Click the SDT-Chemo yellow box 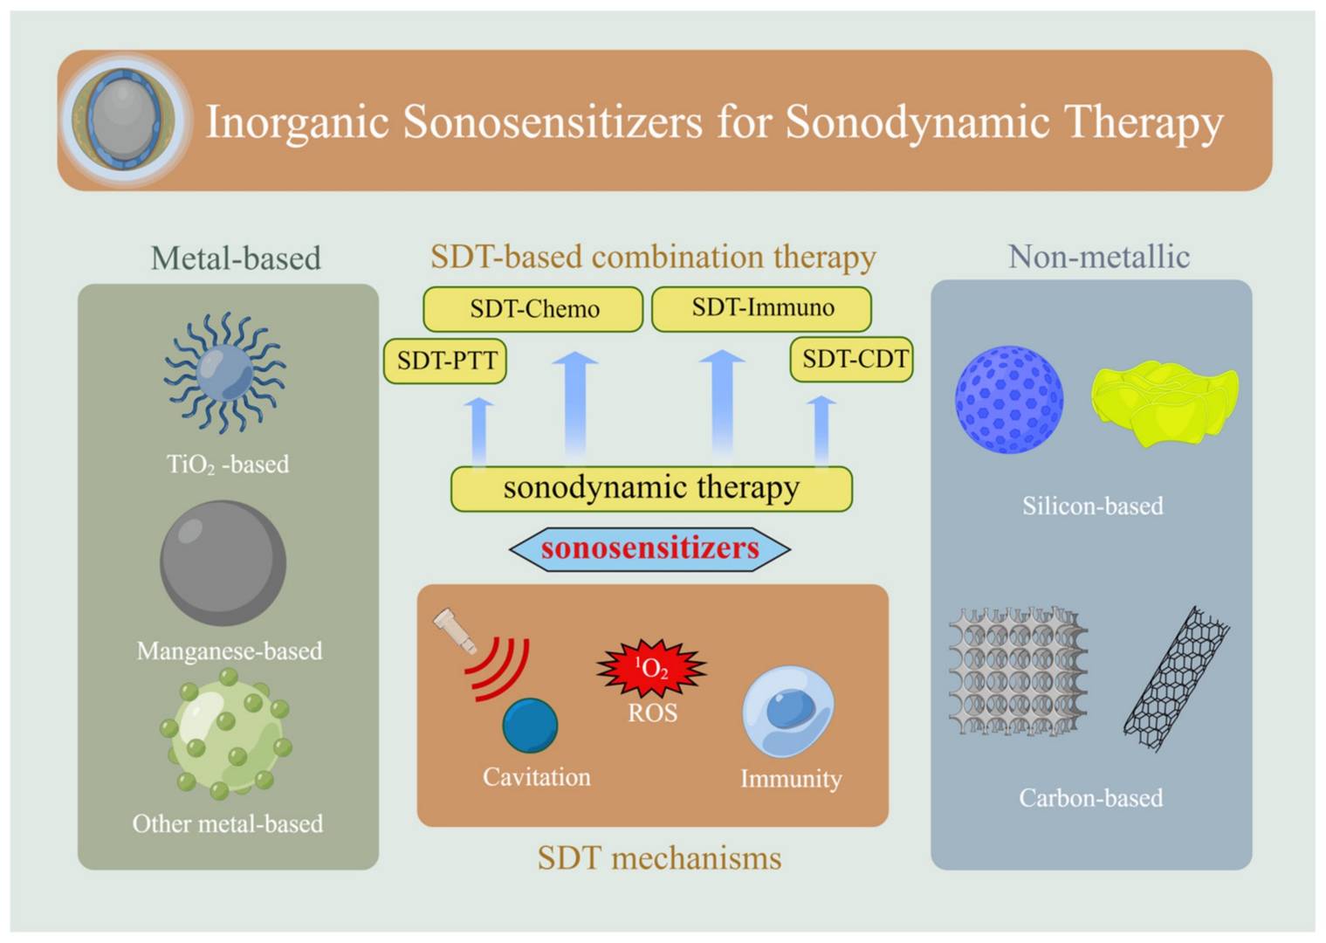(533, 309)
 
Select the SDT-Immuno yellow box (762, 308)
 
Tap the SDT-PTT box (445, 360)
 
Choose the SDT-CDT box (852, 359)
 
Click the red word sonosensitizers (649, 548)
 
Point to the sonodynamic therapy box (651, 488)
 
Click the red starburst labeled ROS (651, 669)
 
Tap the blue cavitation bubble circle (530, 725)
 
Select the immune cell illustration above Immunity (788, 711)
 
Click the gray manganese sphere (223, 562)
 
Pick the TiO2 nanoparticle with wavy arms (224, 373)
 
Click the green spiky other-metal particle (225, 733)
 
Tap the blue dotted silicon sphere (1009, 399)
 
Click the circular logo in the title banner (124, 120)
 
